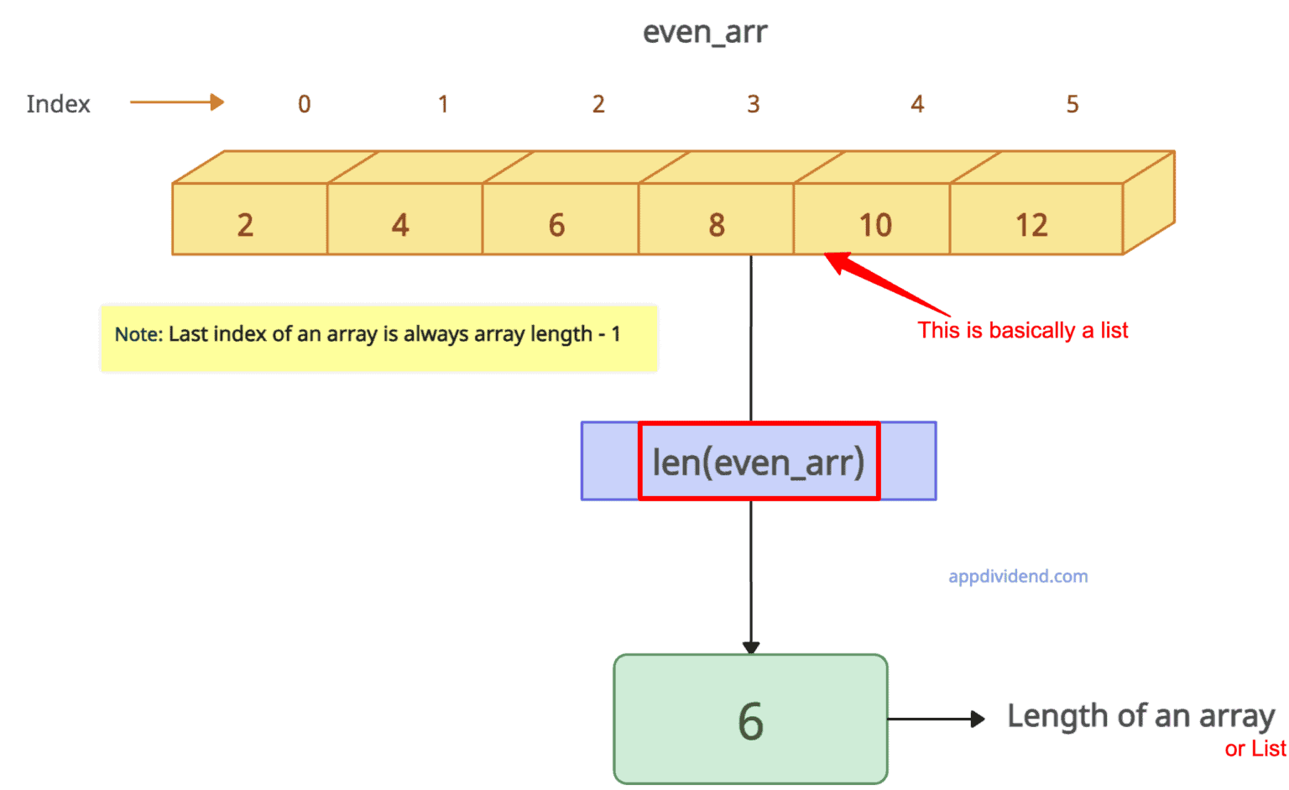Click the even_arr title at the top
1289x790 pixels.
(705, 33)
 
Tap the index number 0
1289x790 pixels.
(305, 104)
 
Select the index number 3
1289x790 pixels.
(754, 104)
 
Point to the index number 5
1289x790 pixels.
(1072, 104)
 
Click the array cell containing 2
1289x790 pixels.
(246, 224)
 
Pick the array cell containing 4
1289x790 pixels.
(401, 224)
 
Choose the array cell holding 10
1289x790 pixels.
(875, 224)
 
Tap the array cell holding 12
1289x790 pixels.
(1032, 224)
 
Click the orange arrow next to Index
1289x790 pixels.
(177, 102)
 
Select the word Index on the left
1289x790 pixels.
(58, 104)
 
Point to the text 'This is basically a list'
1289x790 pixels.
(1022, 330)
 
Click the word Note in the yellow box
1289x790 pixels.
(137, 334)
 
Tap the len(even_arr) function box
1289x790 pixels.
(759, 462)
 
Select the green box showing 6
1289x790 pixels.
(750, 719)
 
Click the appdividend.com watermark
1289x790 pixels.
(1018, 577)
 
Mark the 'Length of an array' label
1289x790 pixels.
(1140, 716)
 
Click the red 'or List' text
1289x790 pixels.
(1255, 749)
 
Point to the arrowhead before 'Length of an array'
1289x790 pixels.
(977, 719)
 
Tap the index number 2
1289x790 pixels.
(598, 104)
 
